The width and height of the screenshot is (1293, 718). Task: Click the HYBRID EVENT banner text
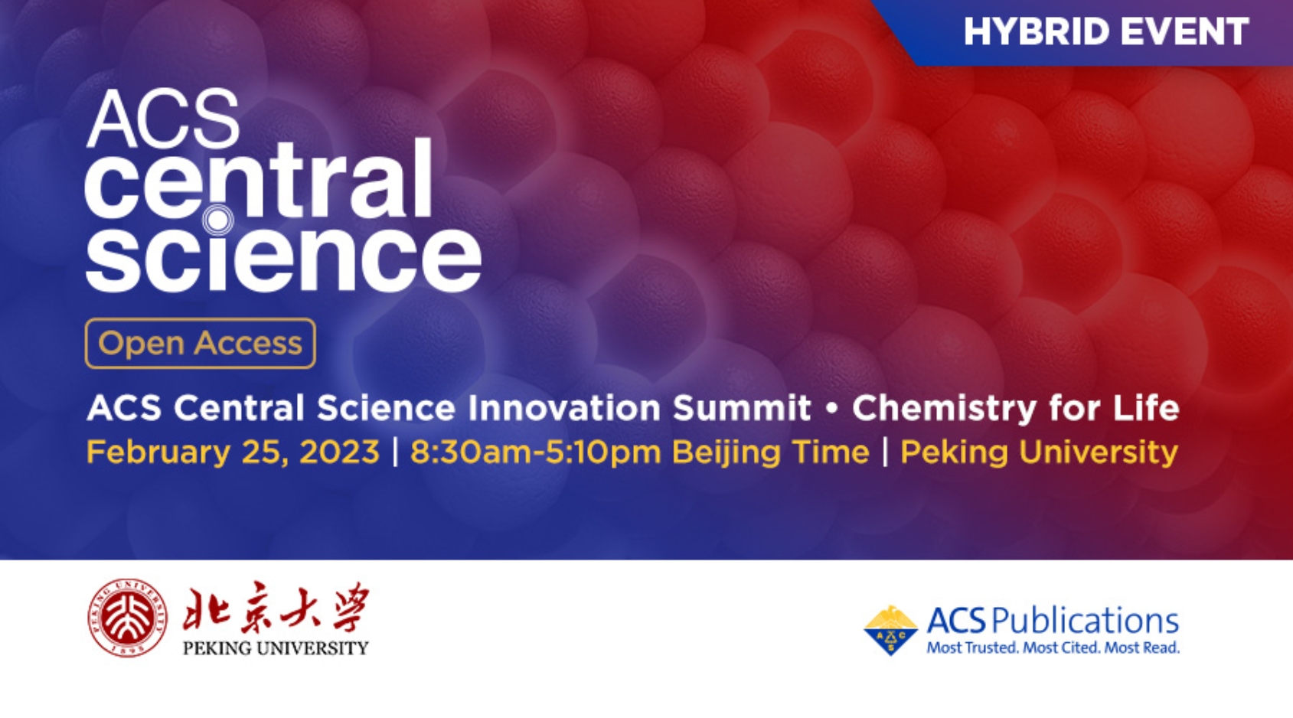coord(1106,31)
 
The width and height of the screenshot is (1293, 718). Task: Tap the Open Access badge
coord(201,344)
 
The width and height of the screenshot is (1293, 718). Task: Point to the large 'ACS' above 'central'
coord(163,119)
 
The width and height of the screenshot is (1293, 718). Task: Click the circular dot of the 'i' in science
coord(217,220)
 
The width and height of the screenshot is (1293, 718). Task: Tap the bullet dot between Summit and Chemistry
coord(832,408)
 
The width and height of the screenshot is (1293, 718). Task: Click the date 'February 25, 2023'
coord(233,452)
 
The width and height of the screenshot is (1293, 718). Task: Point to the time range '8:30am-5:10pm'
coord(535,452)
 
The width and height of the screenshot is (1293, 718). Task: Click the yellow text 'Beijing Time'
coord(771,452)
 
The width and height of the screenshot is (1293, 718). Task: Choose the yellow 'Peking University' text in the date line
coord(1039,452)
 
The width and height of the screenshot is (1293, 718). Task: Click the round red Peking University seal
coord(128,618)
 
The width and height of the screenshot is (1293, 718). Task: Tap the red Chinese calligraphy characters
coord(276,607)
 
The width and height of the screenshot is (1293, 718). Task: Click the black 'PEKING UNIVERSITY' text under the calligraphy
coord(276,648)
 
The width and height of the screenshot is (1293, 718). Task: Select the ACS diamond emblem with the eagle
coord(890,630)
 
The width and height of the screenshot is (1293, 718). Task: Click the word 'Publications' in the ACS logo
coord(1086,621)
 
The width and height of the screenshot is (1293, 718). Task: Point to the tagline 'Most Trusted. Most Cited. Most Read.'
coord(1053,648)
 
